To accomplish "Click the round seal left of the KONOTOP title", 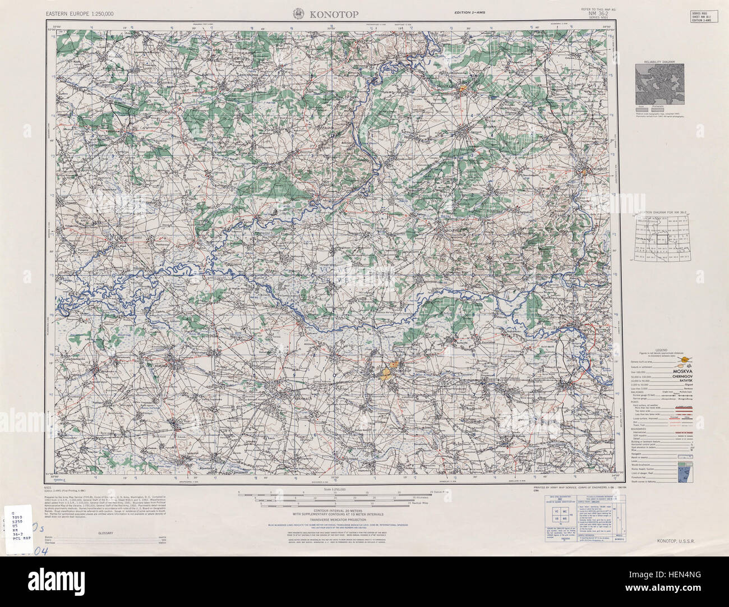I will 298,13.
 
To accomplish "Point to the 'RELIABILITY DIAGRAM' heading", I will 659,61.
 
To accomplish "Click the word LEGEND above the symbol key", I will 658,350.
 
